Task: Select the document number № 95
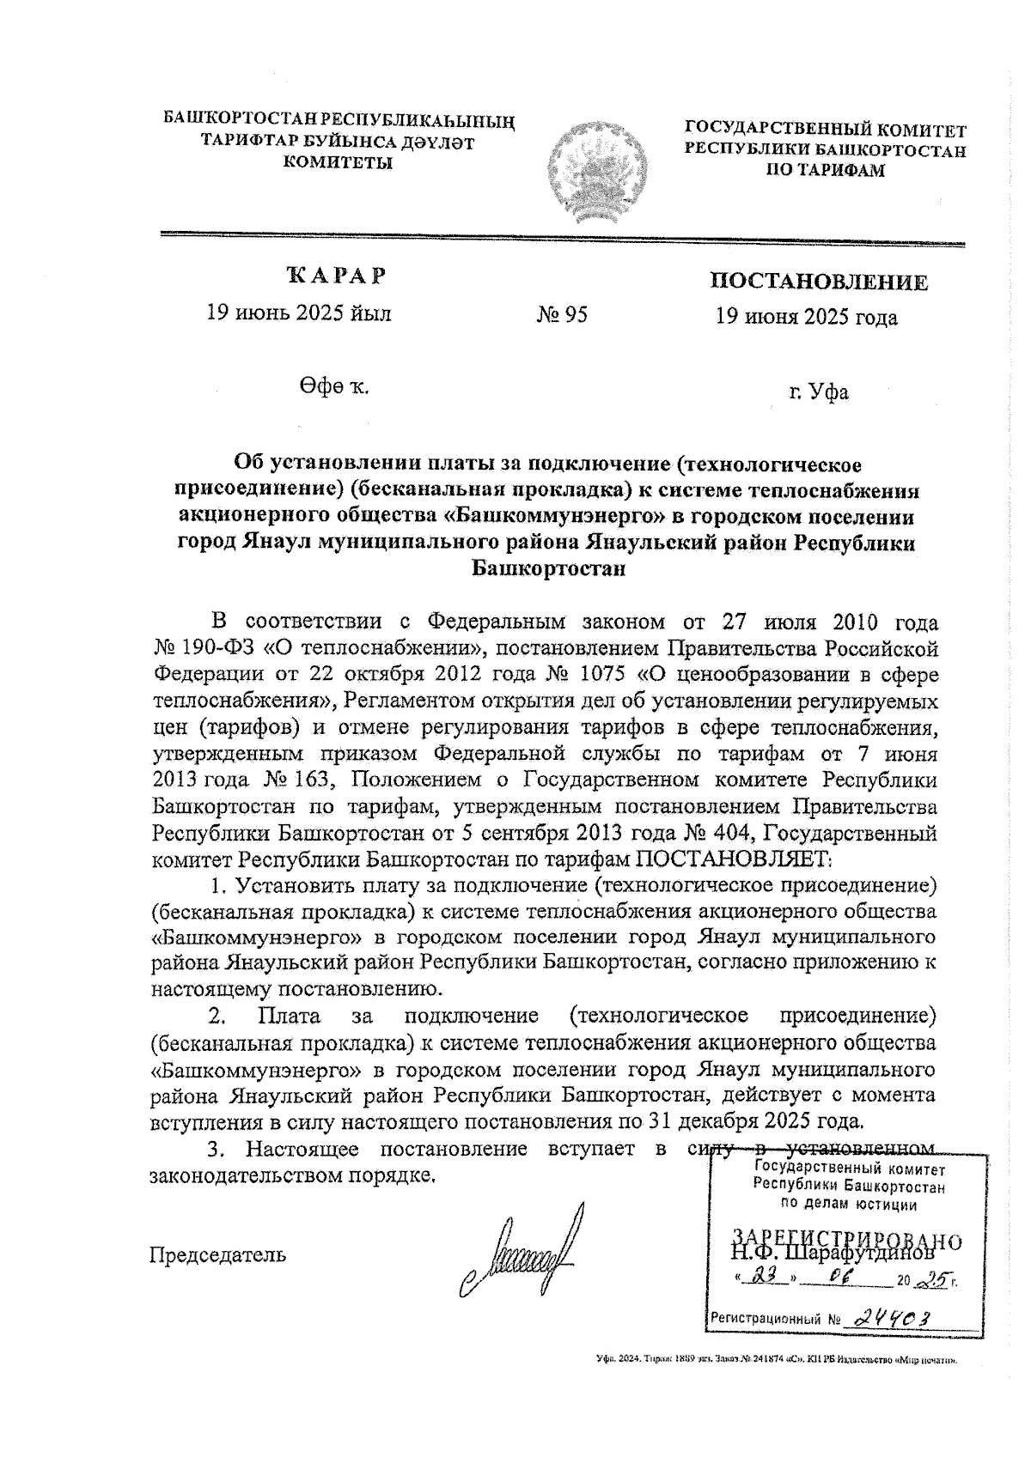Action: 562,316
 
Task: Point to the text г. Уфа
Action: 819,393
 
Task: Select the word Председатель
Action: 218,1254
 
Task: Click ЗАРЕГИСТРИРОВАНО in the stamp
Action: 846,1237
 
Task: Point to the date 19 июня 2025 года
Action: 807,319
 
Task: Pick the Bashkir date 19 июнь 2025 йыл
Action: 298,313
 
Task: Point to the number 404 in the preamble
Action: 732,832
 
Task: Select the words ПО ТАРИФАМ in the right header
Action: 825,170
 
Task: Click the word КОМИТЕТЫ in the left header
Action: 339,162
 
